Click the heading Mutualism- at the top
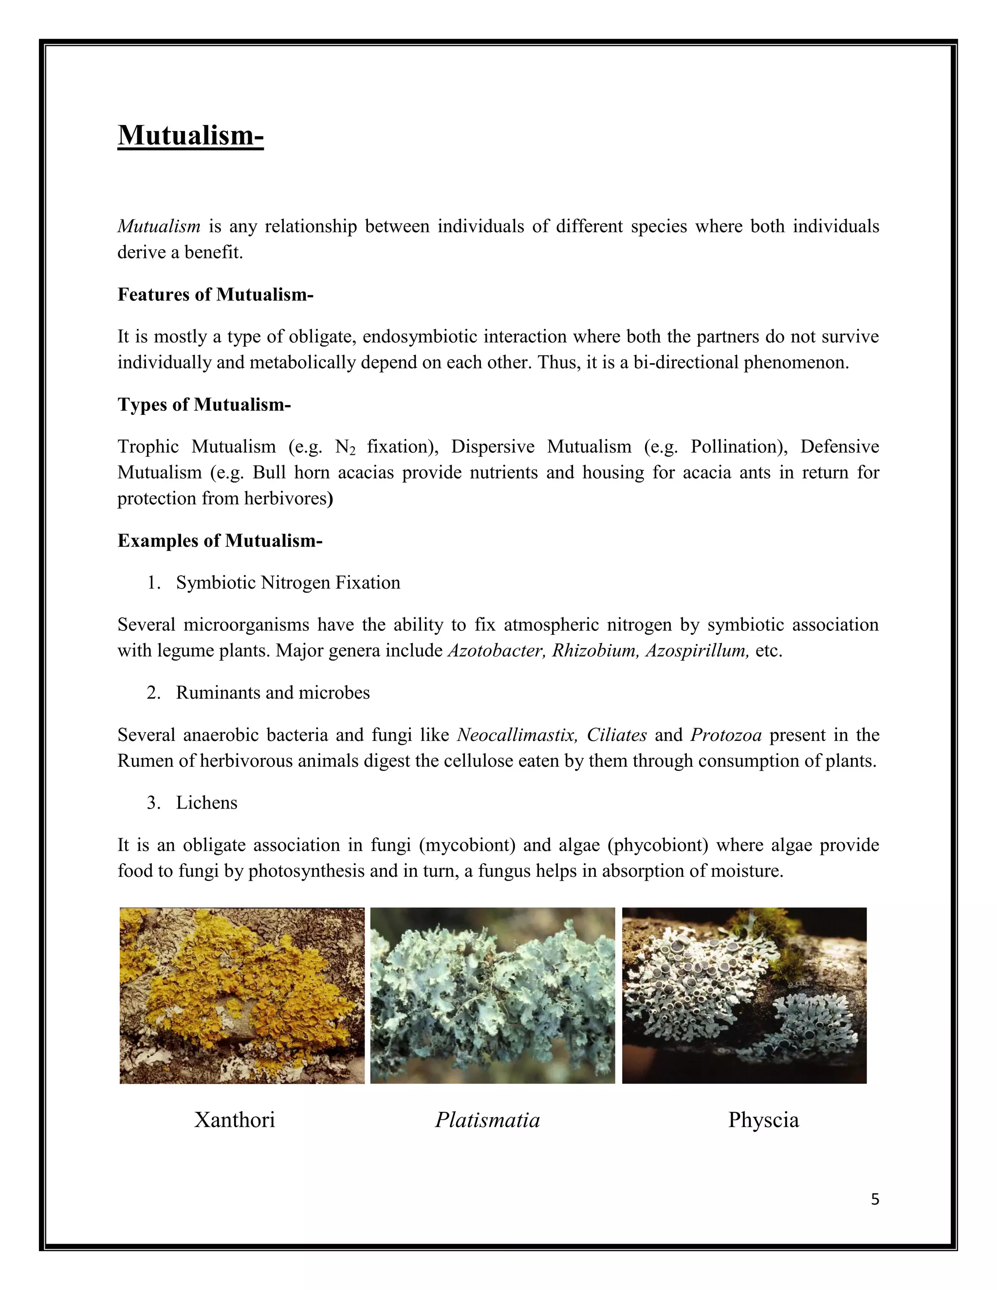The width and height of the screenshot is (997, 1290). click(190, 135)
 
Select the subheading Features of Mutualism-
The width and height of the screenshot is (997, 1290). click(215, 294)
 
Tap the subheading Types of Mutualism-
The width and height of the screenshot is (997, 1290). click(204, 405)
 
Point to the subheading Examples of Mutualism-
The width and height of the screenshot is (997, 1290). click(220, 540)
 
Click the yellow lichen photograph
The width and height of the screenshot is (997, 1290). click(242, 996)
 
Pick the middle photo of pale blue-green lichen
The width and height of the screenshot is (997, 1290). click(493, 996)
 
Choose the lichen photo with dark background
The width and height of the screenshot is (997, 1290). click(744, 996)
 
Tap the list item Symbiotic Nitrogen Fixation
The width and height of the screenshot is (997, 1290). click(288, 583)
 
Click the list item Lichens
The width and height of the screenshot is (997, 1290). click(206, 803)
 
